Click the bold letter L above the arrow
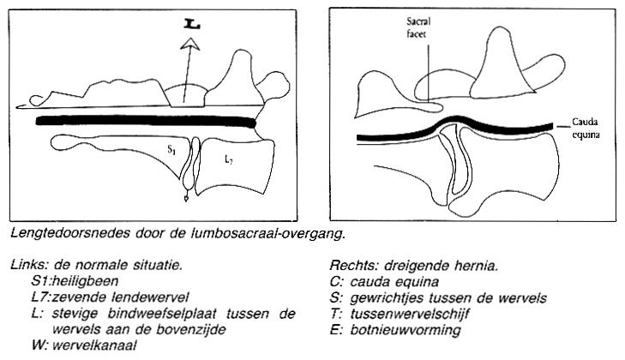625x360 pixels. pos(192,25)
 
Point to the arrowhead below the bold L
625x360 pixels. pos(190,44)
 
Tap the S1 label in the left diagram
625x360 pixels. pos(171,150)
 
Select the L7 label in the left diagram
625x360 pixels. pos(228,160)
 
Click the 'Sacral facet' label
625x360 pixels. pos(418,27)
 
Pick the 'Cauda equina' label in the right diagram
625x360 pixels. pos(586,128)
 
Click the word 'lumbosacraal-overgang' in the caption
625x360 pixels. pos(267,234)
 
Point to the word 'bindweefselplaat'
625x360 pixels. pos(162,314)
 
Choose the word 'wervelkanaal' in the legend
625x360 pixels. pos(94,345)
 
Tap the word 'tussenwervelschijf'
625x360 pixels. pos(410,315)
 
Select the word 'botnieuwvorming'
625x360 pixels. pos(406,330)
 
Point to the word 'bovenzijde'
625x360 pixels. pos(191,330)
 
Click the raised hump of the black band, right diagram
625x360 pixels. pos(454,119)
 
